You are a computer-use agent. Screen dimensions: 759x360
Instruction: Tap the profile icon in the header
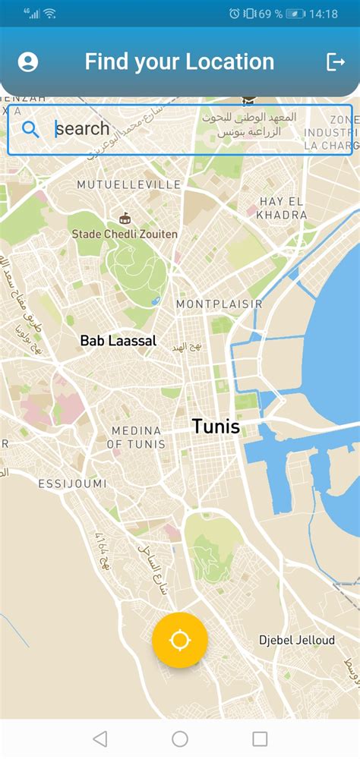(28, 61)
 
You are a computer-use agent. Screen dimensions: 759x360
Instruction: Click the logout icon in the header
(335, 61)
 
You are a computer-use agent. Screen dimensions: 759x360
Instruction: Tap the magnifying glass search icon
(30, 128)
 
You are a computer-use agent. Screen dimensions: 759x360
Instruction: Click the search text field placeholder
(84, 128)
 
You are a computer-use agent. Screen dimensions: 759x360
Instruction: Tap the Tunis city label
(216, 427)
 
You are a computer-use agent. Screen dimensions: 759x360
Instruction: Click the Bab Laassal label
(118, 341)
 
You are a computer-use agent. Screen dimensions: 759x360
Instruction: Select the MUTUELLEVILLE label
(128, 184)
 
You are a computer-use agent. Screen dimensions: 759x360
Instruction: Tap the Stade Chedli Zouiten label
(125, 234)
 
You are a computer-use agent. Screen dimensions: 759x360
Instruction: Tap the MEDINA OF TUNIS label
(136, 437)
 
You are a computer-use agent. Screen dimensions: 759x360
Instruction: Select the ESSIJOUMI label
(72, 483)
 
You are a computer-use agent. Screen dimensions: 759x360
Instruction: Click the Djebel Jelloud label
(296, 641)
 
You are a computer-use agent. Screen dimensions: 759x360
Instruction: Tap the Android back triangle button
(99, 739)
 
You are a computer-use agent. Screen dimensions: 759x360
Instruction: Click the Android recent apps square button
(260, 739)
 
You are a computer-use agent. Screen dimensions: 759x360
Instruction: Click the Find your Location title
(179, 61)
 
